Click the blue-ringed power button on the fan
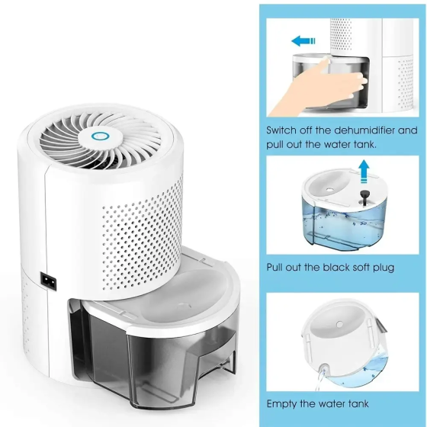(99, 136)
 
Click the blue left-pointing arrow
(303, 41)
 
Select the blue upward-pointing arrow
(364, 172)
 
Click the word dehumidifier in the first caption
(364, 130)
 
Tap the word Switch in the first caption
(281, 130)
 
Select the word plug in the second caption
(384, 268)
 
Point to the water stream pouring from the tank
(319, 380)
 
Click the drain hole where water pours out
(324, 367)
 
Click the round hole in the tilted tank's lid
(339, 324)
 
